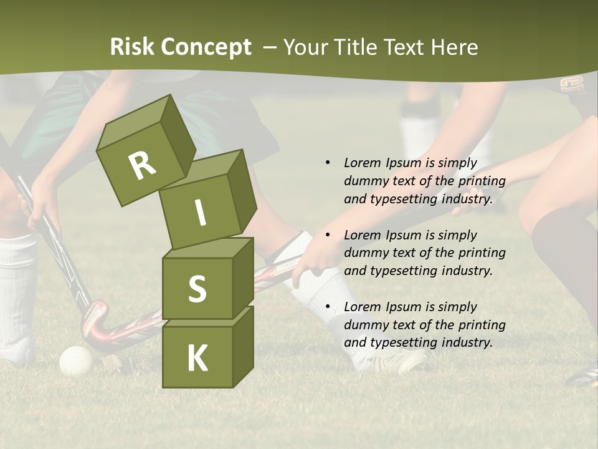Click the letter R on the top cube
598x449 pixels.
pyautogui.click(x=141, y=166)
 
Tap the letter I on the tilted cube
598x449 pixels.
pyautogui.click(x=200, y=213)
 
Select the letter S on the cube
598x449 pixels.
pyautogui.click(x=197, y=289)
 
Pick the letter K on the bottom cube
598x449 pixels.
pyautogui.click(x=197, y=359)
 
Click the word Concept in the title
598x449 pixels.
pyautogui.click(x=205, y=47)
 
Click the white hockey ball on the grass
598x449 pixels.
pyautogui.click(x=75, y=360)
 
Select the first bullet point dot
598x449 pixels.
pyautogui.click(x=328, y=163)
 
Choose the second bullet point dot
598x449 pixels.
pyautogui.click(x=328, y=235)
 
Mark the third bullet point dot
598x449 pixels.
pyautogui.click(x=328, y=307)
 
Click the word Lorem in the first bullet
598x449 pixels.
pyautogui.click(x=362, y=163)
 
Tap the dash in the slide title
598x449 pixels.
pyautogui.click(x=270, y=47)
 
